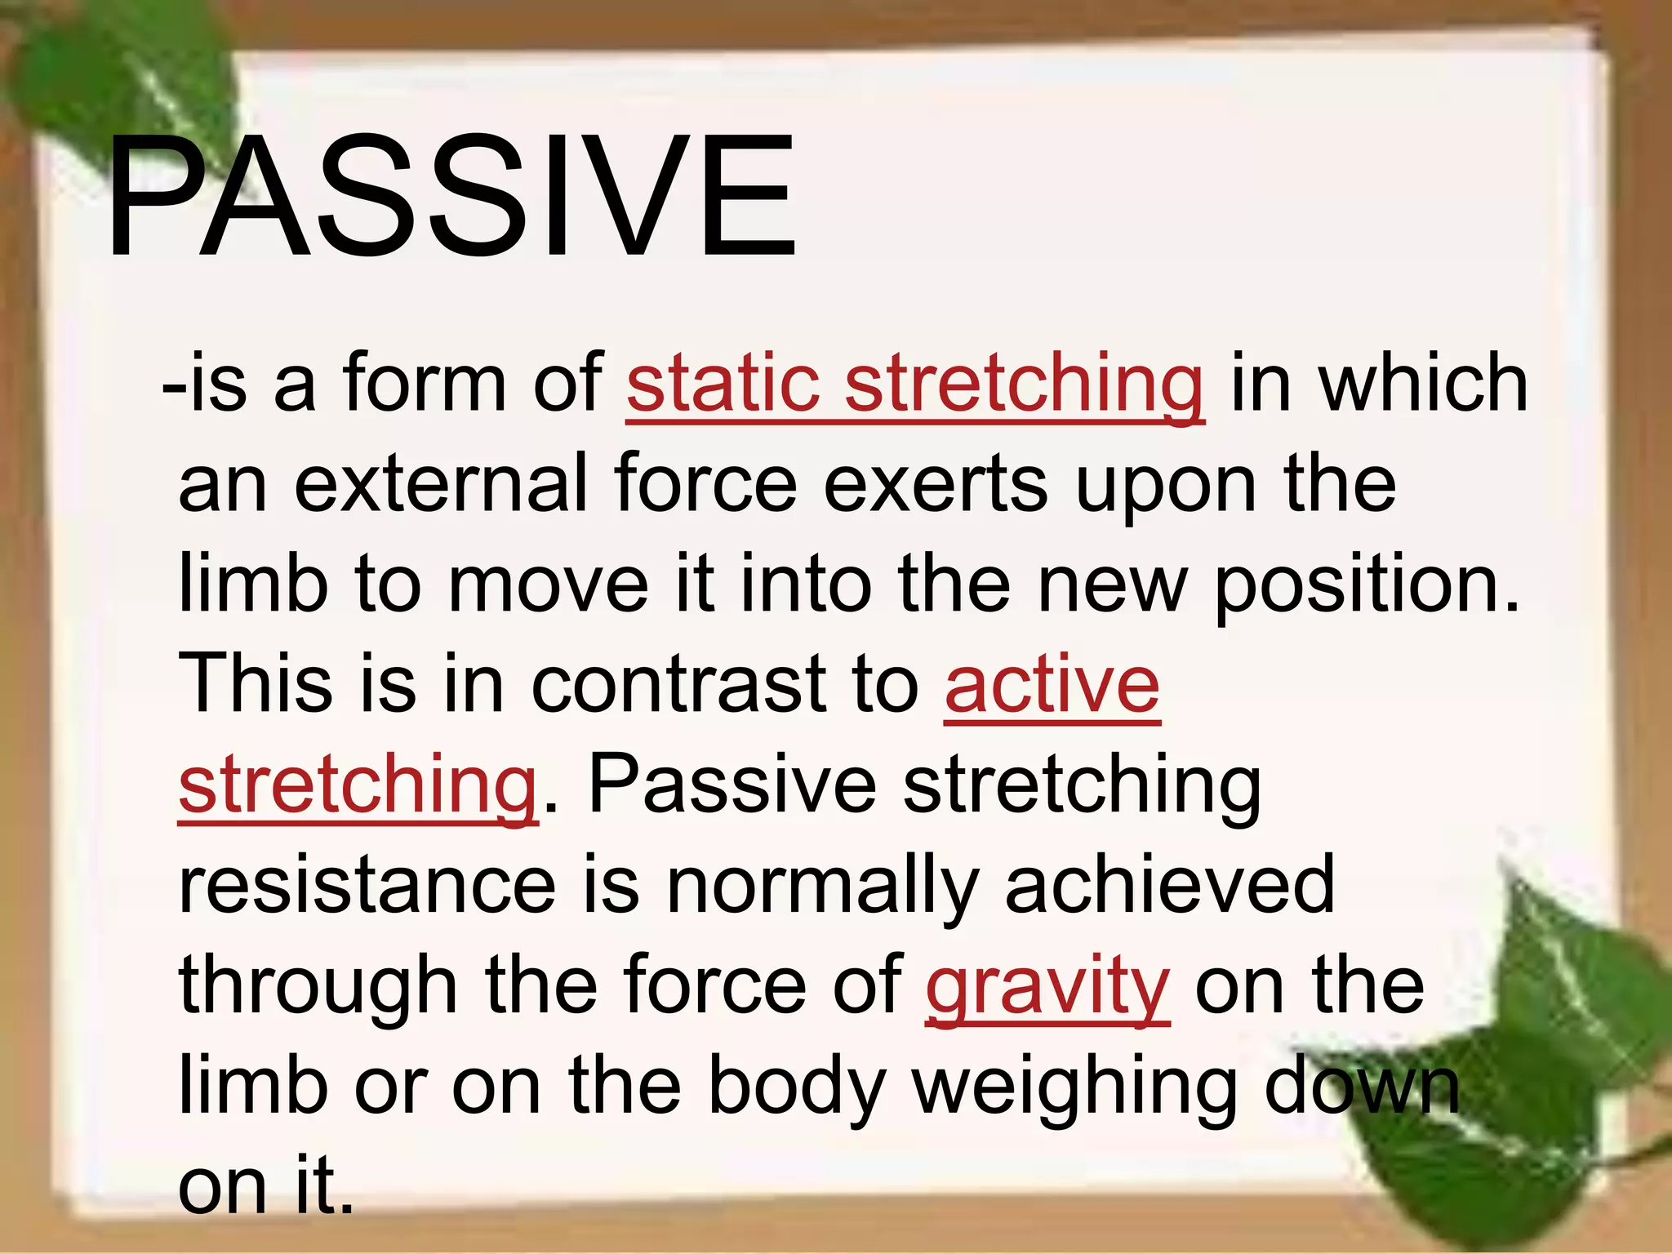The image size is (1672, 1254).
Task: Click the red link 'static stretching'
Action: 914,383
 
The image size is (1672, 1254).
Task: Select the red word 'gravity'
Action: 1047,986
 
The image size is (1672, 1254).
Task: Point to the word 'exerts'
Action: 935,485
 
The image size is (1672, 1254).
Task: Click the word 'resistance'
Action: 367,885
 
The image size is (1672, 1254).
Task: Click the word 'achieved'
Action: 1169,885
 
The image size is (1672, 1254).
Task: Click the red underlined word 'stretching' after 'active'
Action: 357,786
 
